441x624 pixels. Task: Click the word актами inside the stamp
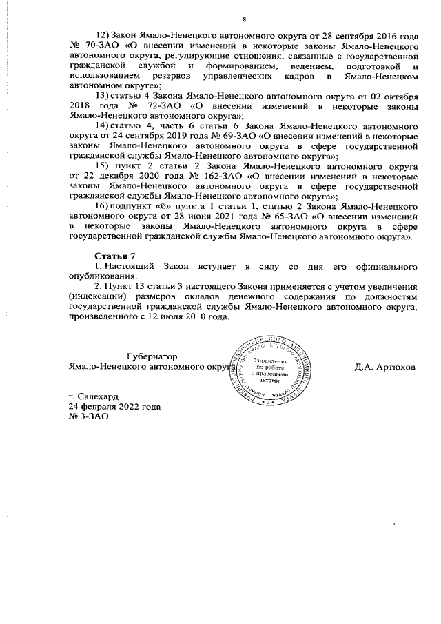(x=274, y=380)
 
